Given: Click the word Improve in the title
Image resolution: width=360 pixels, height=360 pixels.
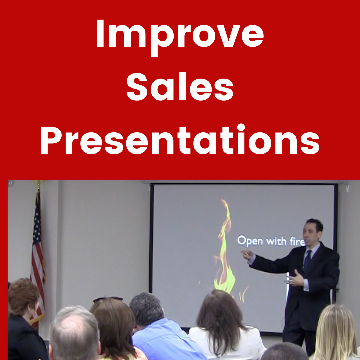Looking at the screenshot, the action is click(x=180, y=37).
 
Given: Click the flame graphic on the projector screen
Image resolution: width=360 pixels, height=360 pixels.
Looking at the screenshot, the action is click(x=224, y=248).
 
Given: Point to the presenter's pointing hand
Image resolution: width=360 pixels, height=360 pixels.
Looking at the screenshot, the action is click(x=247, y=254).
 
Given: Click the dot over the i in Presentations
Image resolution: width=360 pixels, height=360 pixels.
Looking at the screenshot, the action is click(x=241, y=127).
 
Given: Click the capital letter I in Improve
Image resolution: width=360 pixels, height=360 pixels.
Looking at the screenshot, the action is click(x=100, y=33).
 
